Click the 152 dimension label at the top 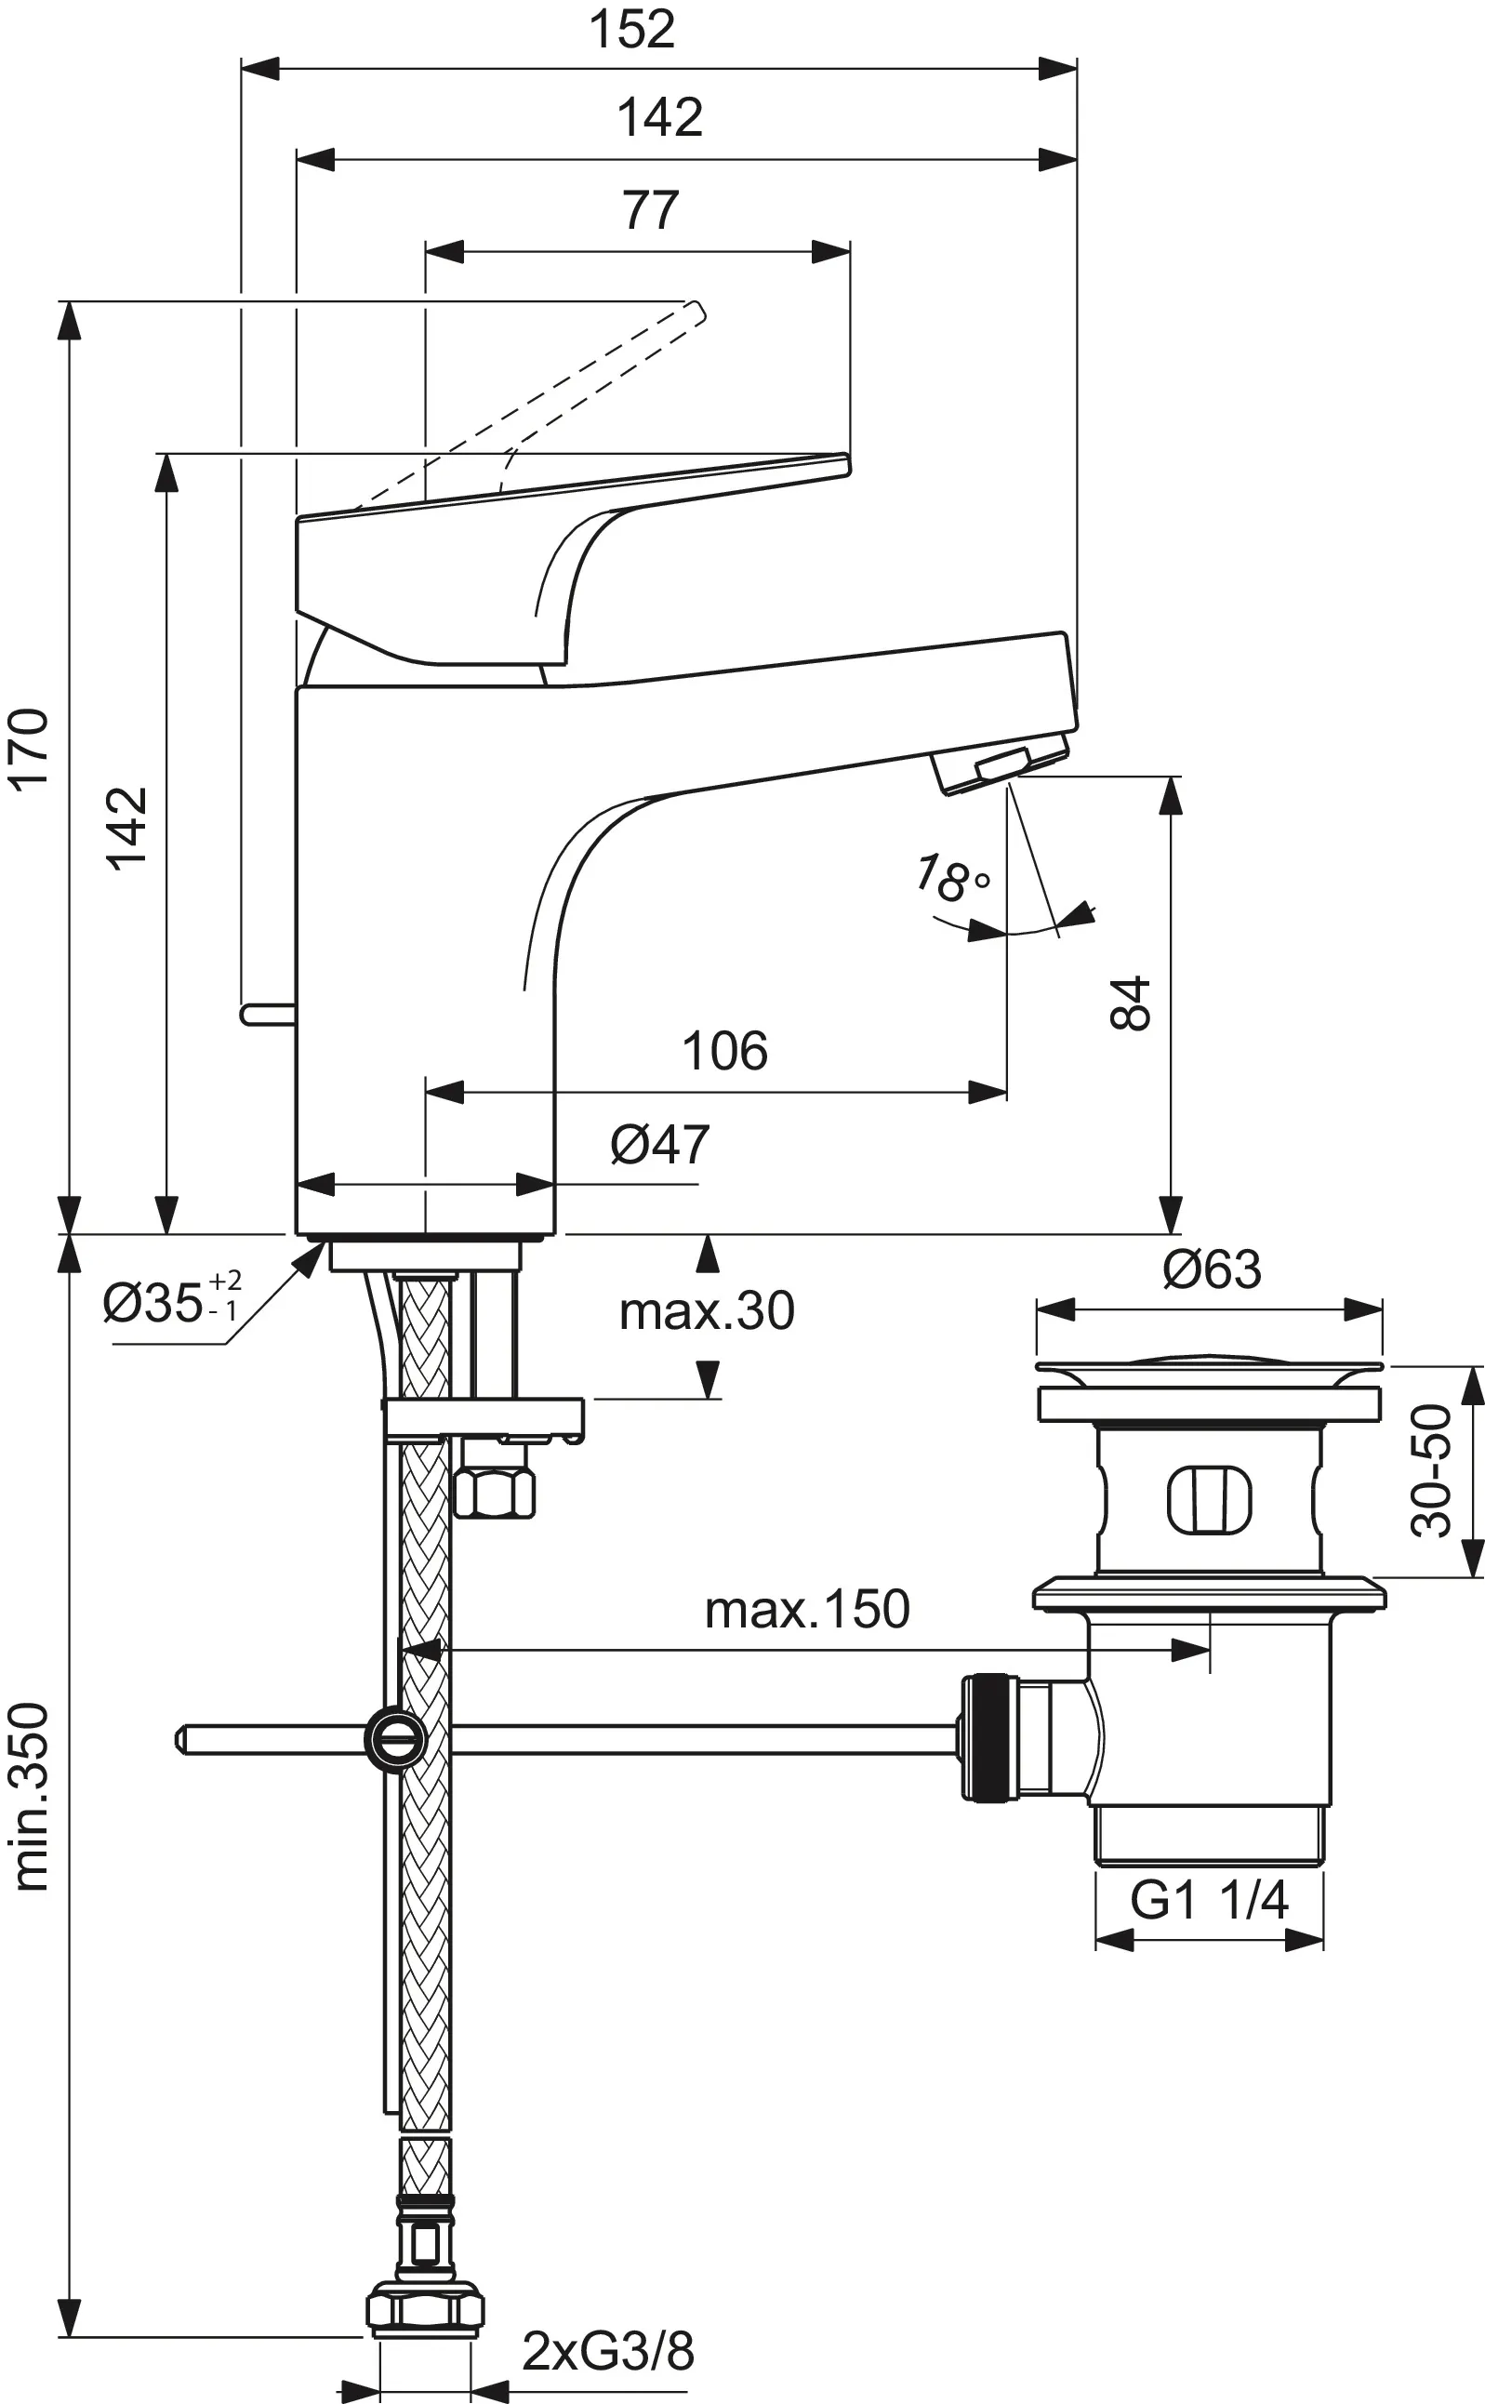[631, 30]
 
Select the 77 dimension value [650, 209]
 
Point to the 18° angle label [950, 877]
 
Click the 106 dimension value [724, 1051]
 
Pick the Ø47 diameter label [660, 1144]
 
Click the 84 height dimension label [1131, 1003]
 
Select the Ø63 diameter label [1212, 1268]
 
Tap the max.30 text [706, 1311]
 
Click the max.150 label [807, 1610]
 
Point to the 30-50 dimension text [1432, 1470]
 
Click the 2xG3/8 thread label [608, 2351]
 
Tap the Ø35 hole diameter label [172, 1303]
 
